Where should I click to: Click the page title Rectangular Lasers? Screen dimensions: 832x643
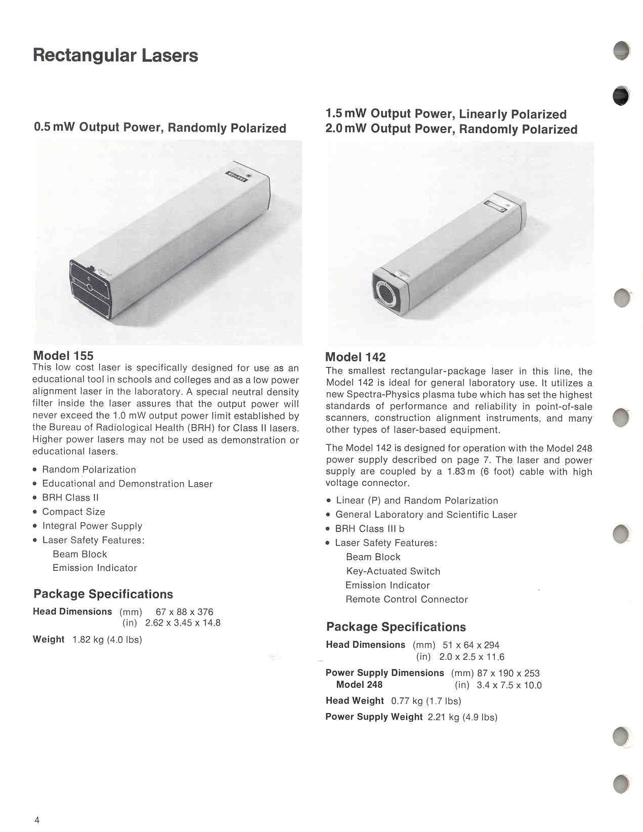coord(115,55)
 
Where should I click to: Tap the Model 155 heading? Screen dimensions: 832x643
coord(63,356)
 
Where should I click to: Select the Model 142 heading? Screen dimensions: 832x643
coord(355,357)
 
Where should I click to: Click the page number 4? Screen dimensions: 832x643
coord(37,820)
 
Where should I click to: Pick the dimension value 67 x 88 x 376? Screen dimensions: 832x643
coord(185,612)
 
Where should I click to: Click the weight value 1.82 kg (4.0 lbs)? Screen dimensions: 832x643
coord(107,640)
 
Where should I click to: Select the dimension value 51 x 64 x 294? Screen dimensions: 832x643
coord(470,645)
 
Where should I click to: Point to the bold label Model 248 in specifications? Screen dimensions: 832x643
coord(359,685)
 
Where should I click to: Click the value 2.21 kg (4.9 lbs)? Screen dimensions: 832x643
coord(462,717)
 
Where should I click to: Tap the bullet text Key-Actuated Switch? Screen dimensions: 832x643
coord(393,571)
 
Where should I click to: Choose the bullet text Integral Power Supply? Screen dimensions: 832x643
coord(92,526)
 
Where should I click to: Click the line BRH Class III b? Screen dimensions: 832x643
coord(369,529)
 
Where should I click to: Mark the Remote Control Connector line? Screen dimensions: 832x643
coord(407,600)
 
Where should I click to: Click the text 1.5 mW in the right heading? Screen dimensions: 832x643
coord(346,114)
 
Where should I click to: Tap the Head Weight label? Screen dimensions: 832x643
coord(355,701)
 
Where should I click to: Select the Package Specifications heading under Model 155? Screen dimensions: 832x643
coord(103,594)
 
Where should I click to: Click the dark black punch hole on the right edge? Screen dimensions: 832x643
coord(621,96)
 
